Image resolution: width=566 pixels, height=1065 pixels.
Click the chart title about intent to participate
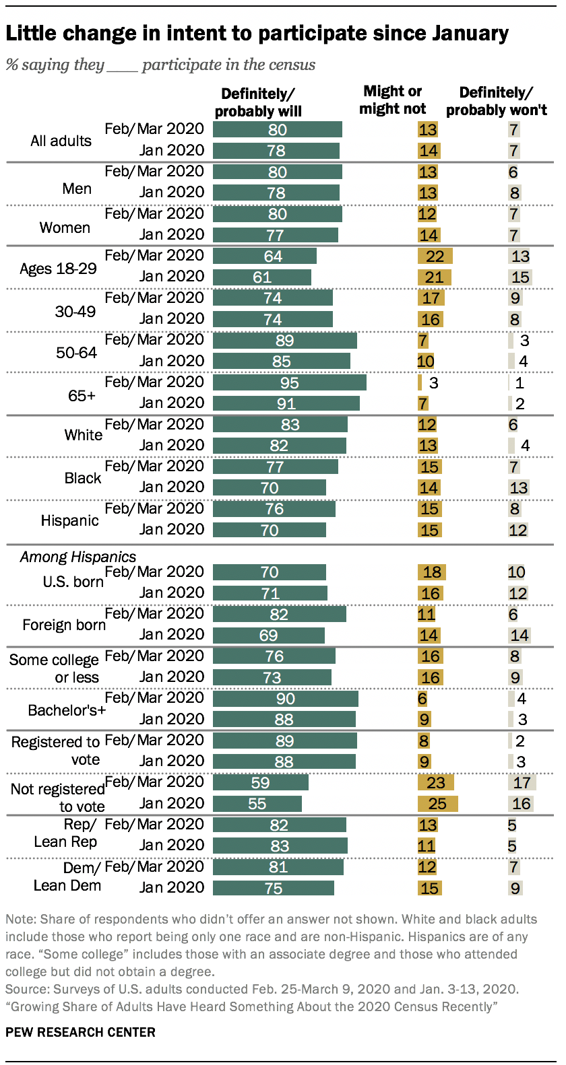pyautogui.click(x=257, y=33)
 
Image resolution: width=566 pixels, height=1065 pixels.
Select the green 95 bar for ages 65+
pyautogui.click(x=290, y=382)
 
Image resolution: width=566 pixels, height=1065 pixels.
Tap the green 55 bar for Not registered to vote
pyautogui.click(x=257, y=804)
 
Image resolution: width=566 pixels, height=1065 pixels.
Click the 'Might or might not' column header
pyautogui.click(x=393, y=100)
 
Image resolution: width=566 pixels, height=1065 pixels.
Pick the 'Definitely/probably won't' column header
pyautogui.click(x=496, y=101)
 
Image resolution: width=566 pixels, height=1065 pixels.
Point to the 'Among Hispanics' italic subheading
pyautogui.click(x=78, y=557)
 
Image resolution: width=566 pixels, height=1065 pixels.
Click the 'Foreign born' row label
pyautogui.click(x=64, y=625)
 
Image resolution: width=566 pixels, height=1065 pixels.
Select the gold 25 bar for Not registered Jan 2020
pyautogui.click(x=437, y=804)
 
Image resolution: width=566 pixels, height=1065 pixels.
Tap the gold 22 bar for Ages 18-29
pyautogui.click(x=435, y=256)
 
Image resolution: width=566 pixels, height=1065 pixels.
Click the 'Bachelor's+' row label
pyautogui.click(x=67, y=710)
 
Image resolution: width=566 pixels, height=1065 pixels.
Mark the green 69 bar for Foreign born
pyautogui.click(x=269, y=635)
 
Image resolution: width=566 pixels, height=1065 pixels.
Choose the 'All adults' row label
pyautogui.click(x=61, y=141)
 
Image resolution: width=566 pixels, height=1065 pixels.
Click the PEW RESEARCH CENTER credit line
pyautogui.click(x=80, y=1032)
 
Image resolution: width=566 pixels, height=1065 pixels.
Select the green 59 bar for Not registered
pyautogui.click(x=261, y=782)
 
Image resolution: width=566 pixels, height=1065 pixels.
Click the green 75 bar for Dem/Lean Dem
pyautogui.click(x=274, y=888)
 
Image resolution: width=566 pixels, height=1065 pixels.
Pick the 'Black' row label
pyautogui.click(x=83, y=478)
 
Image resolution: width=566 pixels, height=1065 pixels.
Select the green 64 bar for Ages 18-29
pyautogui.click(x=265, y=256)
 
